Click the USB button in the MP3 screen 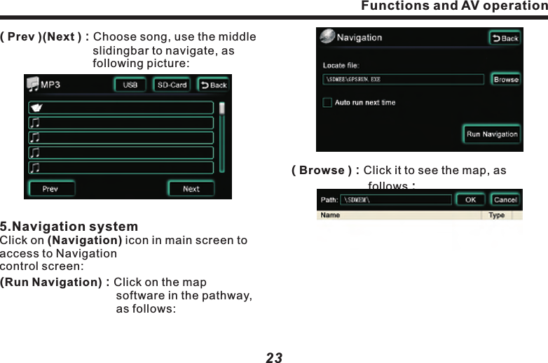130,85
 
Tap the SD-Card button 171,85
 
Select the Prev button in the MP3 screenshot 50,188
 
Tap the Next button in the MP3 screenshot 191,188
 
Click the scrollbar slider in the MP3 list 222,109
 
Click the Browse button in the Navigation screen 506,79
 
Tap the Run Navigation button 492,134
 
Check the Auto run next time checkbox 327,103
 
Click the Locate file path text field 404,79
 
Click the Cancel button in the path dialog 505,200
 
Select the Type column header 496,215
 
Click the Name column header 331,215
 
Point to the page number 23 274,357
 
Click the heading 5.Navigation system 69,227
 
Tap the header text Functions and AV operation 453,6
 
